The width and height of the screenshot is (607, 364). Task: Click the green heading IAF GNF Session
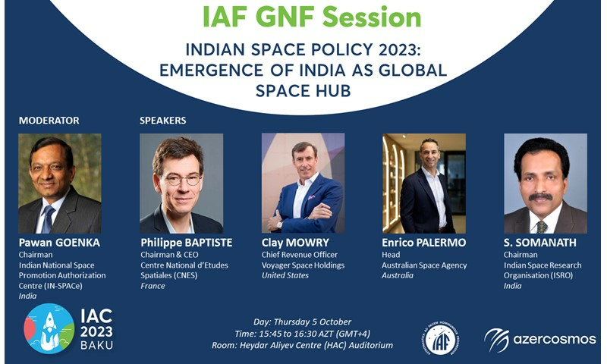312,17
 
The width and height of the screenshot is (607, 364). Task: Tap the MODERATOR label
49,121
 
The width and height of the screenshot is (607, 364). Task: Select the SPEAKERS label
162,121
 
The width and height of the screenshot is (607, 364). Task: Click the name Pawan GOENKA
59,243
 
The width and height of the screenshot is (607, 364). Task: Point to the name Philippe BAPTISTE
187,243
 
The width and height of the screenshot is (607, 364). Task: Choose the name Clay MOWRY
295,243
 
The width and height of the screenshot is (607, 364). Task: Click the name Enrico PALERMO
424,243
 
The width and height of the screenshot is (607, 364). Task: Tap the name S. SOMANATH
539,243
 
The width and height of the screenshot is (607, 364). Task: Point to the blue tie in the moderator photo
48,219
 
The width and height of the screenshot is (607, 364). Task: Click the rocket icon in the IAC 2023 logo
50,323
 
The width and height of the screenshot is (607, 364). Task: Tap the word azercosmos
555,339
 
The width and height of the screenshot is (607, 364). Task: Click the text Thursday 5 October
313,322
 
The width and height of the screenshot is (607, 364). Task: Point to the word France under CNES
153,286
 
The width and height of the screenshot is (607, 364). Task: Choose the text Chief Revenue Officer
300,255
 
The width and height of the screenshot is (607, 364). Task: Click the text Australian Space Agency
424,265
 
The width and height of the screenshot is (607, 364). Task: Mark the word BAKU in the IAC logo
97,345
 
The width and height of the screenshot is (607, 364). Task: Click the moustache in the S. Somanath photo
540,197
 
